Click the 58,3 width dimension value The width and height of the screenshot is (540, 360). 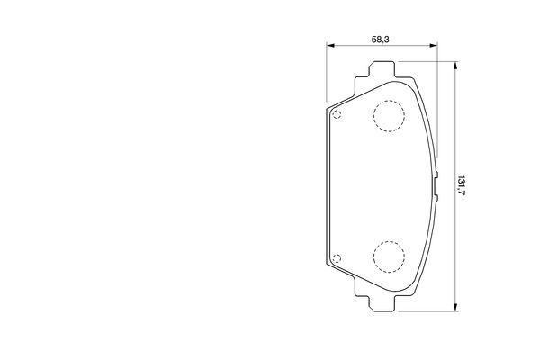[380, 40]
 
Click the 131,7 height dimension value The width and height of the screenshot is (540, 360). [461, 185]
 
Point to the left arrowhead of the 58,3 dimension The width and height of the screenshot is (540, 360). [330, 45]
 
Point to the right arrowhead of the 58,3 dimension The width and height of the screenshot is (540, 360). [433, 45]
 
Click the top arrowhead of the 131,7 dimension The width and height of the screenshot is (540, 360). [455, 66]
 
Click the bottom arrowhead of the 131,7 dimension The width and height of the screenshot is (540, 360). [455, 307]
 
